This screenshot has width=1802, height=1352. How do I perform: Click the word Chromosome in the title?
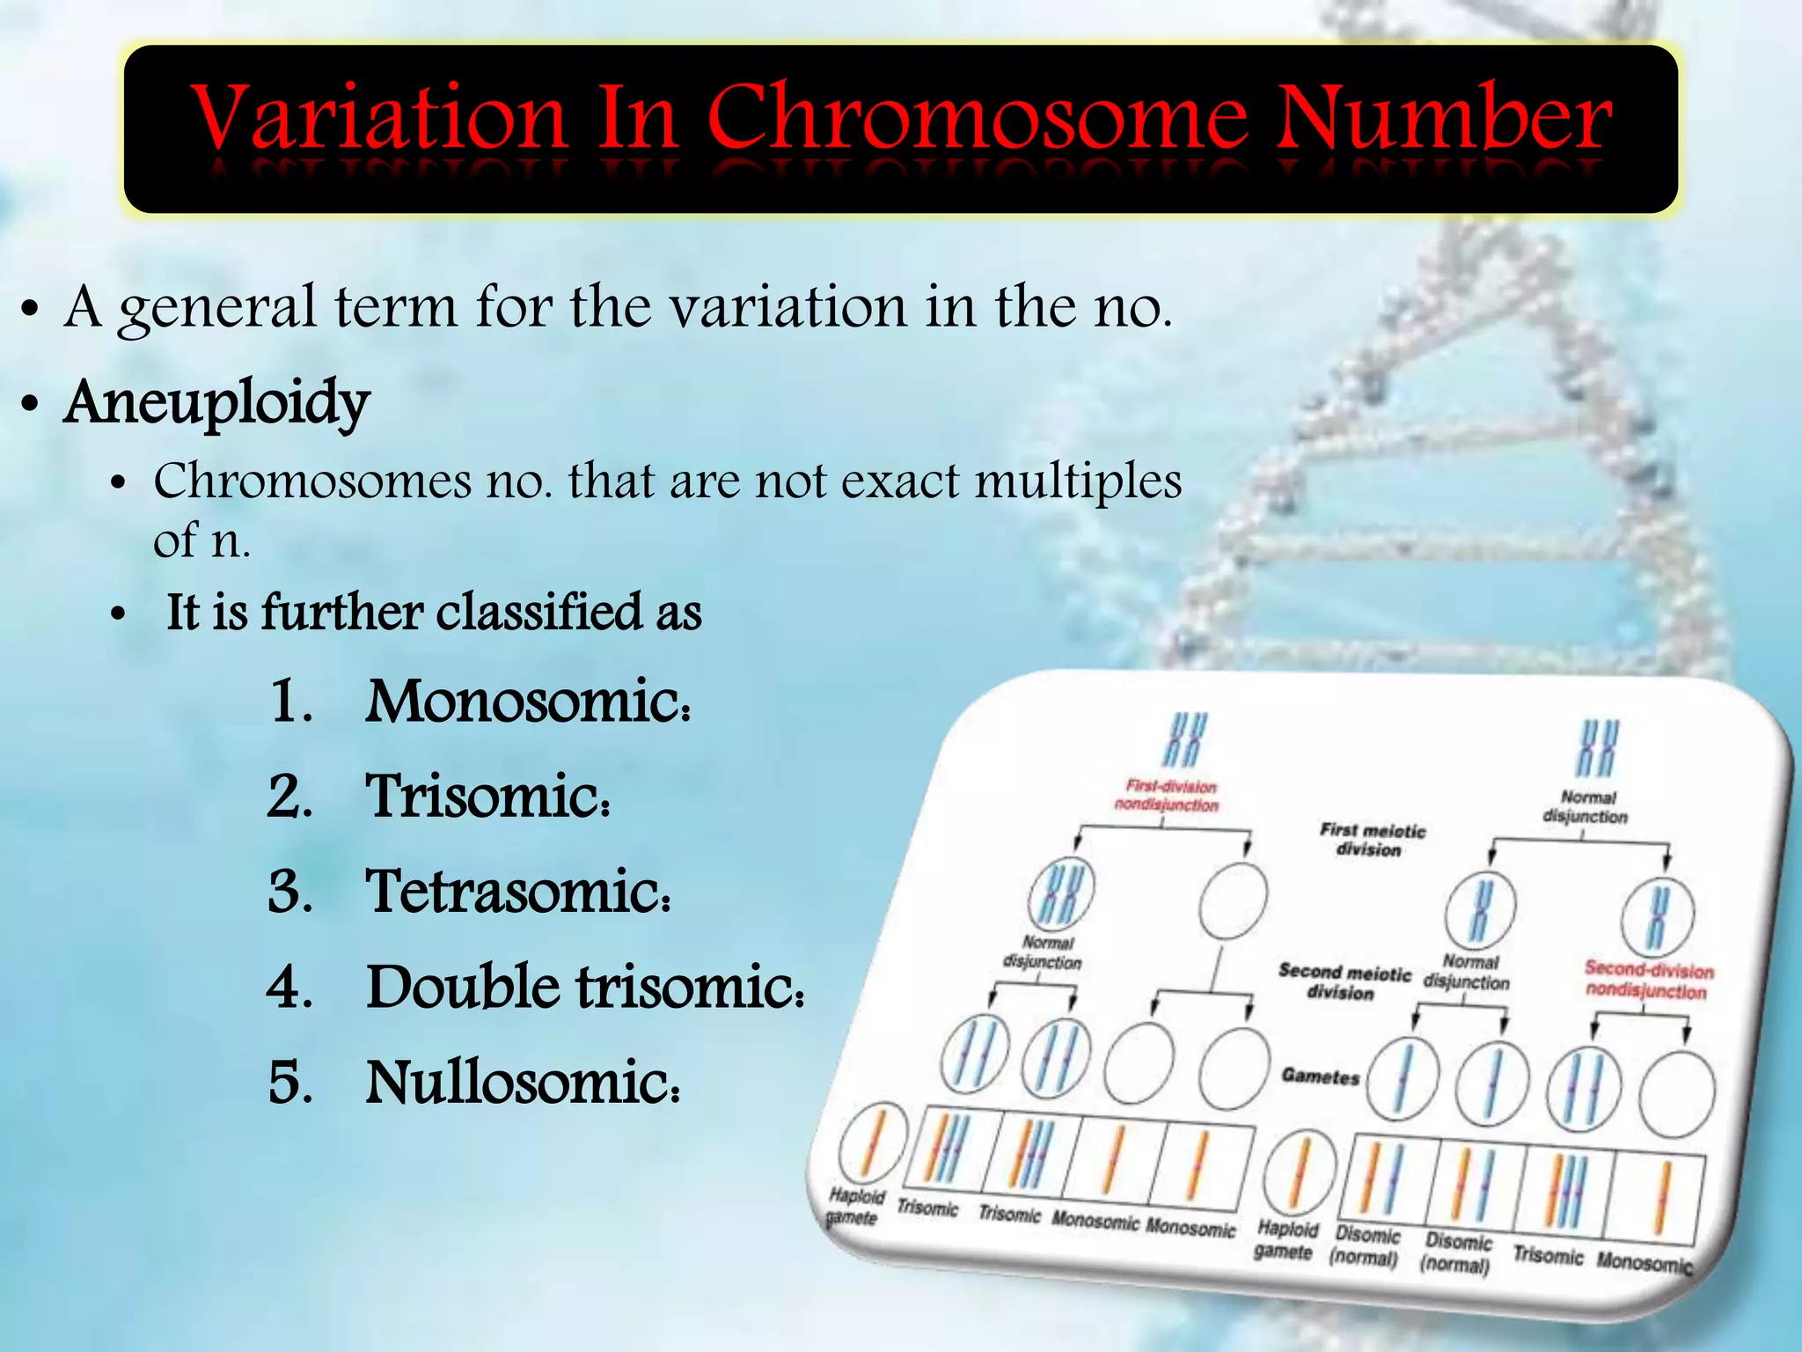click(x=978, y=119)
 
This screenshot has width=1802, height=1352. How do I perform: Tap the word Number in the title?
click(x=1444, y=119)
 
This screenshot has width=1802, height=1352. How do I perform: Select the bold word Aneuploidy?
click(x=216, y=402)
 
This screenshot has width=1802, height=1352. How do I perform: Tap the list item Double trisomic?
click(x=584, y=987)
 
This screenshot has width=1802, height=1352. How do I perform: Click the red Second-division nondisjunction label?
click(x=1649, y=980)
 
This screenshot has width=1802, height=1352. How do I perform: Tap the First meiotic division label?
click(x=1371, y=840)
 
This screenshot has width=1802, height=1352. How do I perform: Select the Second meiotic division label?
click(x=1343, y=982)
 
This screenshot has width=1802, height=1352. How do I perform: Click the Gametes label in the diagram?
click(x=1320, y=1076)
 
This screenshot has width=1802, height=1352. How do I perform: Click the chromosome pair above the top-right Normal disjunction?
click(x=1598, y=747)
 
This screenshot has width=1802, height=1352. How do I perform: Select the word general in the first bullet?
click(x=217, y=307)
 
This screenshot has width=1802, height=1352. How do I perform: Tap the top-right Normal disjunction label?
click(x=1586, y=807)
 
